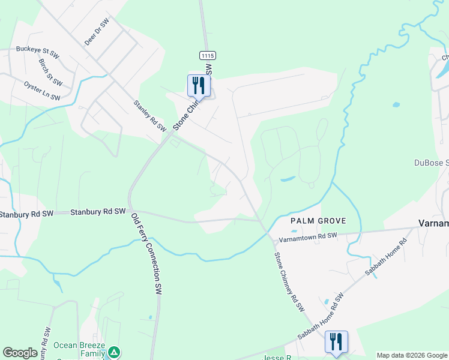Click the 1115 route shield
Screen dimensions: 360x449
point(208,55)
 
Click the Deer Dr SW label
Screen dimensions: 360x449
point(97,32)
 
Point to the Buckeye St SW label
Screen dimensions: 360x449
point(38,50)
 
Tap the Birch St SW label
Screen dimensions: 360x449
point(50,71)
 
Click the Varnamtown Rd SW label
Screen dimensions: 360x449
point(307,237)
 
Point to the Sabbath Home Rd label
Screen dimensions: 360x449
point(387,257)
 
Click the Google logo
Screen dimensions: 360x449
point(20,353)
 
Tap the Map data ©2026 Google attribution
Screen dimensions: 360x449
point(412,355)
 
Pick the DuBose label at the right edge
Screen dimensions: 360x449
point(432,162)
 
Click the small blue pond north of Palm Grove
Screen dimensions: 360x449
point(287,179)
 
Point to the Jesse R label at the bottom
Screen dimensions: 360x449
point(277,357)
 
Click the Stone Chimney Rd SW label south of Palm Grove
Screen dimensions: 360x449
point(289,282)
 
